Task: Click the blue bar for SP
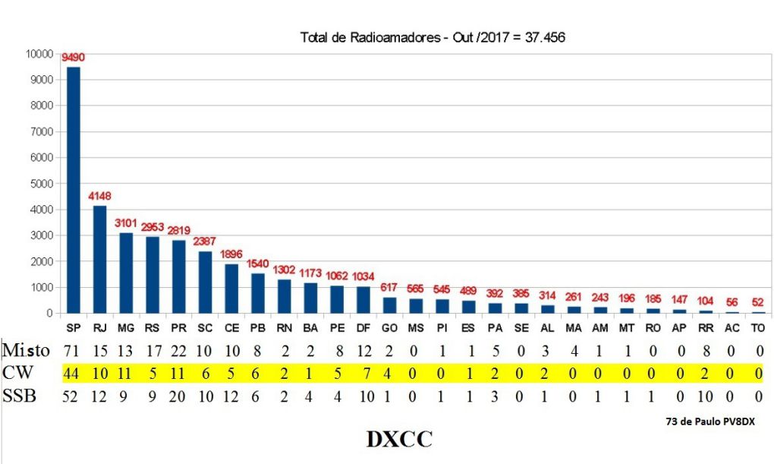tap(74, 190)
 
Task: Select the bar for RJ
tap(99, 259)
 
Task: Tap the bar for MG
tap(125, 273)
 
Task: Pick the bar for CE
tap(231, 289)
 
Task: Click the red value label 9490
tap(74, 57)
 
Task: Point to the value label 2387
tap(205, 241)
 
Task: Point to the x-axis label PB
tap(257, 327)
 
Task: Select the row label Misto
tap(25, 350)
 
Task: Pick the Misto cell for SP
tap(73, 350)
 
